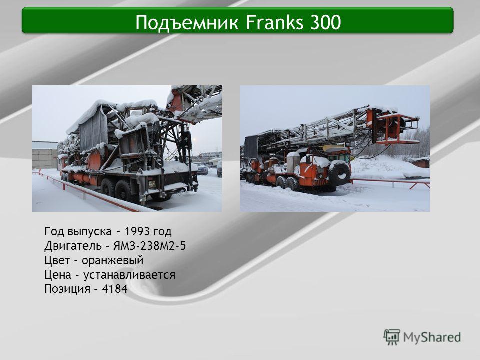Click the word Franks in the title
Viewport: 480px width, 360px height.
point(274,22)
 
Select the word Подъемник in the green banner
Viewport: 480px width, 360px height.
point(186,23)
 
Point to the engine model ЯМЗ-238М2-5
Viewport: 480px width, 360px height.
point(149,246)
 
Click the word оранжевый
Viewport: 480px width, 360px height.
point(112,261)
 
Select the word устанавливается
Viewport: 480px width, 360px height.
point(129,275)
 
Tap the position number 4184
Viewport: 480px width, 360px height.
point(115,289)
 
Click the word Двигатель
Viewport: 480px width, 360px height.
point(73,246)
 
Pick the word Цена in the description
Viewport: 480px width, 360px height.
point(58,275)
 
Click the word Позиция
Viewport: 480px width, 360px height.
point(67,289)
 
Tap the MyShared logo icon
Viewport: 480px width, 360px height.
point(392,337)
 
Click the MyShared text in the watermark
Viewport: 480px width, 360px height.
point(432,337)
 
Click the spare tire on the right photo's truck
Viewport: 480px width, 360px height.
point(340,174)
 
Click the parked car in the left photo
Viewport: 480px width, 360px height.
point(202,168)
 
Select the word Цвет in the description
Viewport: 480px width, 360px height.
point(57,261)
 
